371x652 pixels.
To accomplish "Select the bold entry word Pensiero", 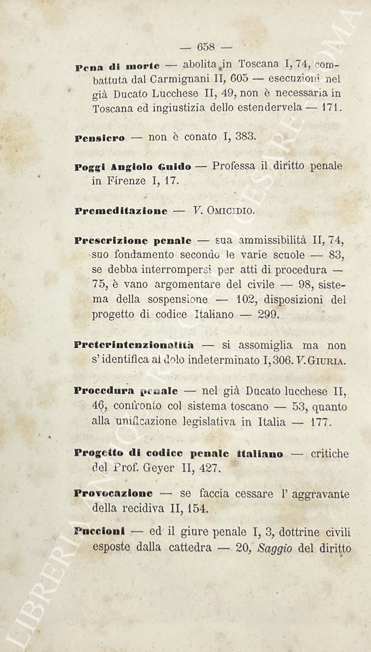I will click(x=100, y=138).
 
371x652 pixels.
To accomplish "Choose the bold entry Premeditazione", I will click(x=121, y=211).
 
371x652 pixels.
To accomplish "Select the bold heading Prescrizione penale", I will click(x=133, y=241).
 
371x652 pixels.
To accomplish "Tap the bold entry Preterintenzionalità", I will click(x=134, y=345).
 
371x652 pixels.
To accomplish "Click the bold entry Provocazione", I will click(x=114, y=493).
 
